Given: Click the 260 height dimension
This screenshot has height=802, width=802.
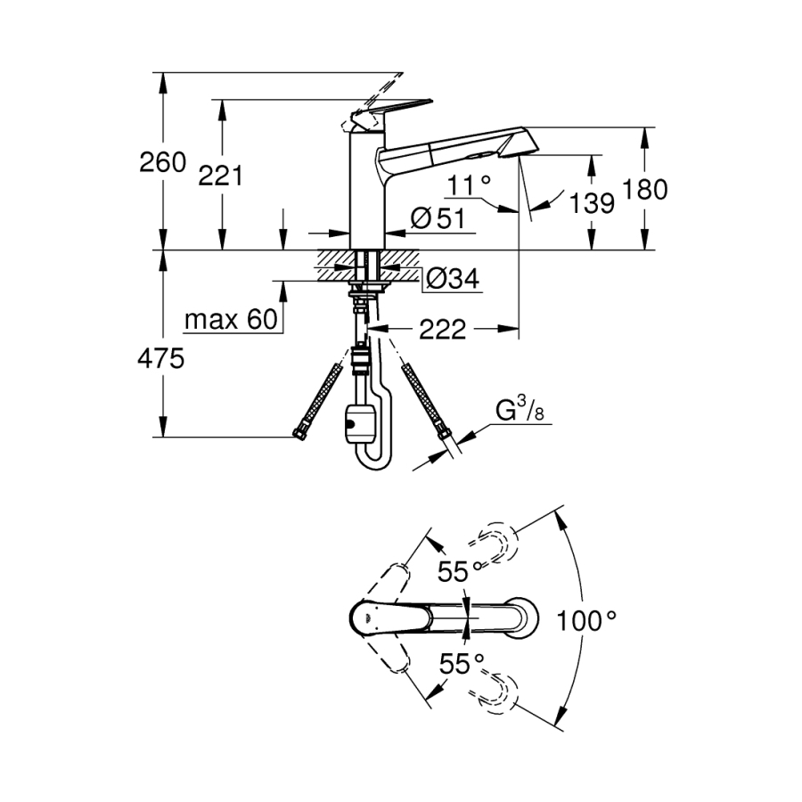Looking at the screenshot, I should pyautogui.click(x=164, y=162).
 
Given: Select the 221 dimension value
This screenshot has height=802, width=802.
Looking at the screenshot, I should pyautogui.click(x=220, y=176).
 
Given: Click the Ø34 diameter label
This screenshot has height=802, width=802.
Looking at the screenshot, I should pyautogui.click(x=452, y=280).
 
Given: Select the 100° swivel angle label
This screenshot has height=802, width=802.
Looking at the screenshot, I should pyautogui.click(x=585, y=620).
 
